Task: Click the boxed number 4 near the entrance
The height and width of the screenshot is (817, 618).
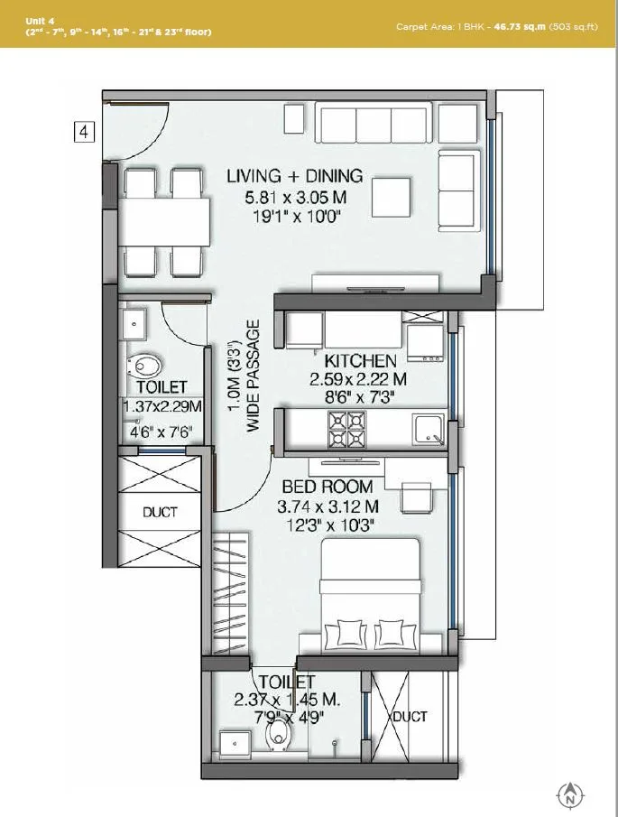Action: [x=83, y=133]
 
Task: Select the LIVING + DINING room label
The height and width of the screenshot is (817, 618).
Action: [x=294, y=176]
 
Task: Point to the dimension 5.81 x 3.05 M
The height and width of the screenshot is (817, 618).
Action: [x=294, y=197]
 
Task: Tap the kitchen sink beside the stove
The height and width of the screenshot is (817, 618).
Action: [x=427, y=428]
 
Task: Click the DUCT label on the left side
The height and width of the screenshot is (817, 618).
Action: [x=160, y=512]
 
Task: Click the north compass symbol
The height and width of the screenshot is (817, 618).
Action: [x=569, y=795]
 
